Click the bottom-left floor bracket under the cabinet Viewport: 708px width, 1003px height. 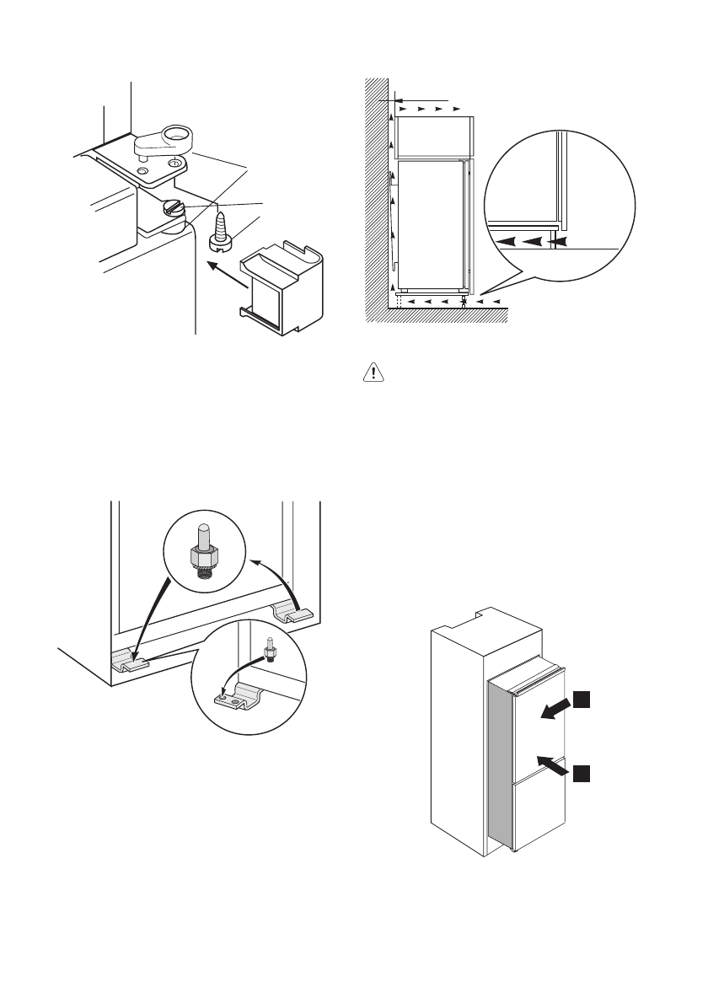(x=129, y=662)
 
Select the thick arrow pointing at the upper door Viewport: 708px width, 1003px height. (x=555, y=708)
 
